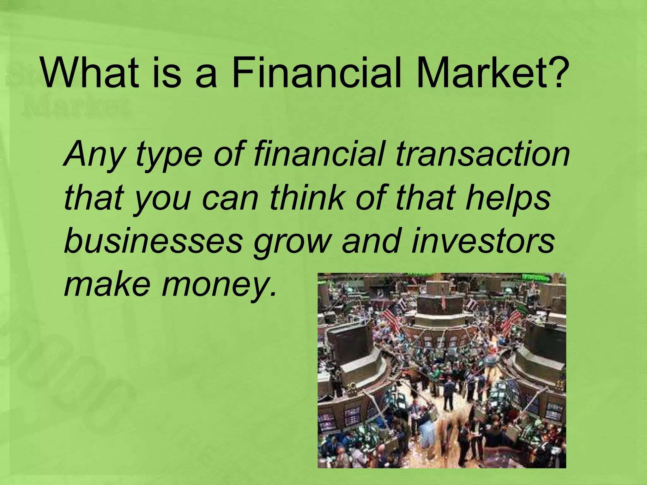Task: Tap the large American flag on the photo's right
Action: point(510,322)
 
